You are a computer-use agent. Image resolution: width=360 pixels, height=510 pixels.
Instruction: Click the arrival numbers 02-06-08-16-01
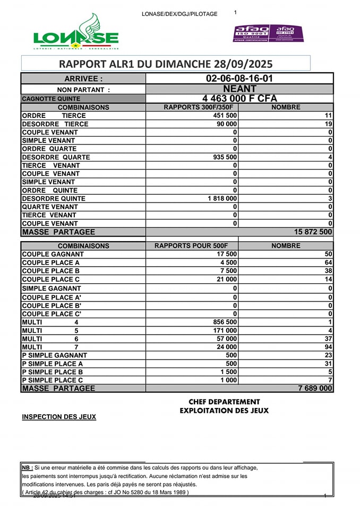pyautogui.click(x=239, y=79)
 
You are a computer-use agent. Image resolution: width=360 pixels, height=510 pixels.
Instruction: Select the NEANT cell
pyautogui.click(x=239, y=89)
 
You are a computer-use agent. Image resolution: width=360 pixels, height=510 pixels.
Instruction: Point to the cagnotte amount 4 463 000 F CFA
pyautogui.click(x=239, y=98)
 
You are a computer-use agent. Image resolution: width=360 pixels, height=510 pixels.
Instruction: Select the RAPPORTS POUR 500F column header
pyautogui.click(x=191, y=246)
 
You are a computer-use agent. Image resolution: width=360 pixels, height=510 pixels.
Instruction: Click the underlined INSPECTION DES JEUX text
pyautogui.click(x=59, y=417)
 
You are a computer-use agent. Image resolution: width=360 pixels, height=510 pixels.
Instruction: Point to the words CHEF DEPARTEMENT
pyautogui.click(x=224, y=402)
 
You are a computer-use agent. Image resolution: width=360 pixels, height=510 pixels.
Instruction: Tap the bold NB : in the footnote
pyautogui.click(x=28, y=468)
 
